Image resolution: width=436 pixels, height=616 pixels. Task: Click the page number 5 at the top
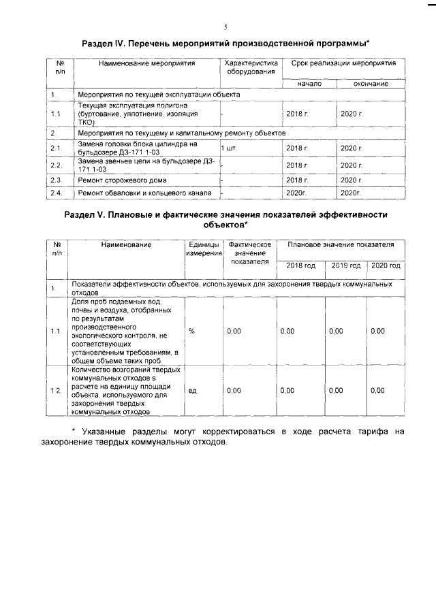pyautogui.click(x=225, y=28)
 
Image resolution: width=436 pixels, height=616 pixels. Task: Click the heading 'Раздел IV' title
pyautogui.click(x=225, y=42)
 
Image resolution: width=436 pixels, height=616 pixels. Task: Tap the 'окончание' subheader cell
pyautogui.click(x=371, y=83)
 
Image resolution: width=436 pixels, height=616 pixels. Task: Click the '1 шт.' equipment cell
pyautogui.click(x=230, y=147)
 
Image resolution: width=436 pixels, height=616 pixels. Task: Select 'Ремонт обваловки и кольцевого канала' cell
pyautogui.click(x=144, y=194)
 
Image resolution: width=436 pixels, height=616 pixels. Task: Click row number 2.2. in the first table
pyautogui.click(x=56, y=165)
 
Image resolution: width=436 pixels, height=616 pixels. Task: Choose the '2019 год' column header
pyautogui.click(x=345, y=265)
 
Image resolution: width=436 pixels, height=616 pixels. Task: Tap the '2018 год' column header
pyautogui.click(x=300, y=265)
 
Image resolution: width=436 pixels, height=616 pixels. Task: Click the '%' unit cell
pyautogui.click(x=192, y=331)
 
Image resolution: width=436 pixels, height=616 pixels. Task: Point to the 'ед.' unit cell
pyautogui.click(x=193, y=391)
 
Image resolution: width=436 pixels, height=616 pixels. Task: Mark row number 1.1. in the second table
pyautogui.click(x=56, y=331)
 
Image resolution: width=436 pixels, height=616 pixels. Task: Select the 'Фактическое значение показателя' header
pyautogui.click(x=250, y=253)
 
